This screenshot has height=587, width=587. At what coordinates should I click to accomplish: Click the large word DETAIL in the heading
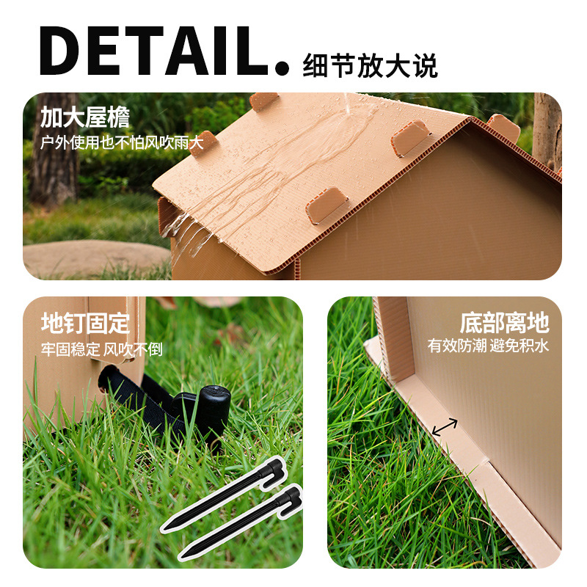[153, 51]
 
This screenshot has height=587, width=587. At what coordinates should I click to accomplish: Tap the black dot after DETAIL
[282, 68]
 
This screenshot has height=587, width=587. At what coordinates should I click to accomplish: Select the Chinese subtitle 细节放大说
[370, 66]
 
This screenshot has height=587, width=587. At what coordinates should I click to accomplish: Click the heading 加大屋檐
[85, 117]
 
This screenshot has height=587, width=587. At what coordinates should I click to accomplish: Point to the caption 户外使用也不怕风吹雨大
[122, 142]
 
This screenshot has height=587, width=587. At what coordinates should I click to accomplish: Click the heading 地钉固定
[85, 323]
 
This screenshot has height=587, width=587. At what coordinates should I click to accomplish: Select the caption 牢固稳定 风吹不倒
[101, 349]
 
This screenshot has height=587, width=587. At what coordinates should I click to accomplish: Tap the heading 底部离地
[504, 323]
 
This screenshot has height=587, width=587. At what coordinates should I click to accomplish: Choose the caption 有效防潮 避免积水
[488, 346]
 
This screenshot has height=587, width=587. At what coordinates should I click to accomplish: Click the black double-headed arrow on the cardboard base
[445, 427]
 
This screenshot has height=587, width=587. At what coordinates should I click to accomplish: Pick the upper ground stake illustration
[223, 494]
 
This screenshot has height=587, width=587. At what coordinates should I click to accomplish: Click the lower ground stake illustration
[241, 522]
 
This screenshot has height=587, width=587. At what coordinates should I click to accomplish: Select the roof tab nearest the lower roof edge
[327, 205]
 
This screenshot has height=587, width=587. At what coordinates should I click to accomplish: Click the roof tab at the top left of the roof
[264, 101]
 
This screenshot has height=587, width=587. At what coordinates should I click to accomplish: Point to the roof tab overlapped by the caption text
[204, 143]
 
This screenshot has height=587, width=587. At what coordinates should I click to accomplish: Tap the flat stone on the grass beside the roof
[96, 258]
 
